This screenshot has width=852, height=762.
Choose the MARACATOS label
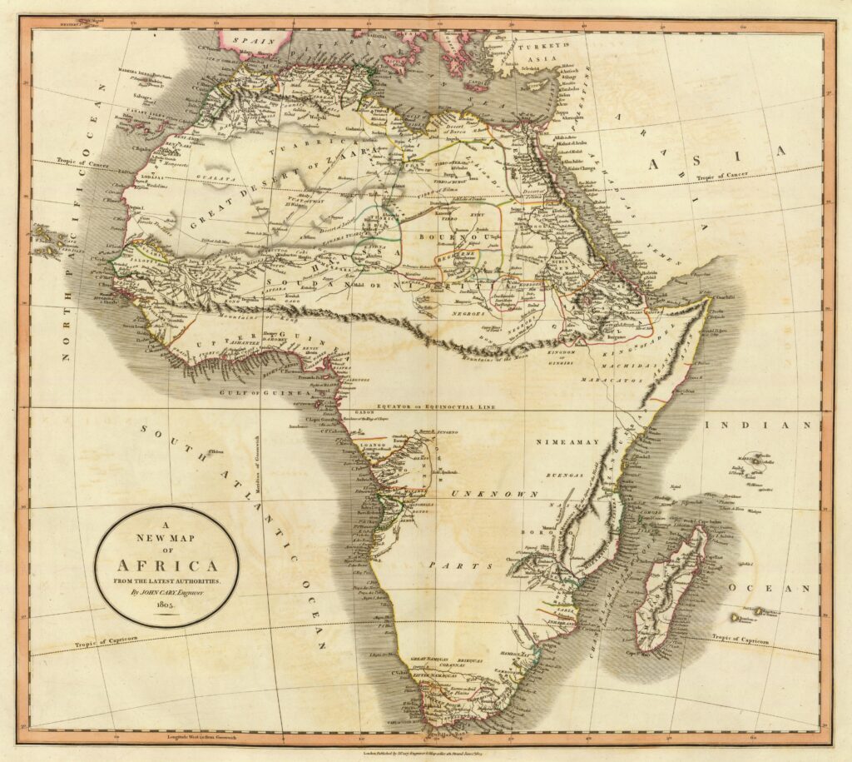tap(617, 380)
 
